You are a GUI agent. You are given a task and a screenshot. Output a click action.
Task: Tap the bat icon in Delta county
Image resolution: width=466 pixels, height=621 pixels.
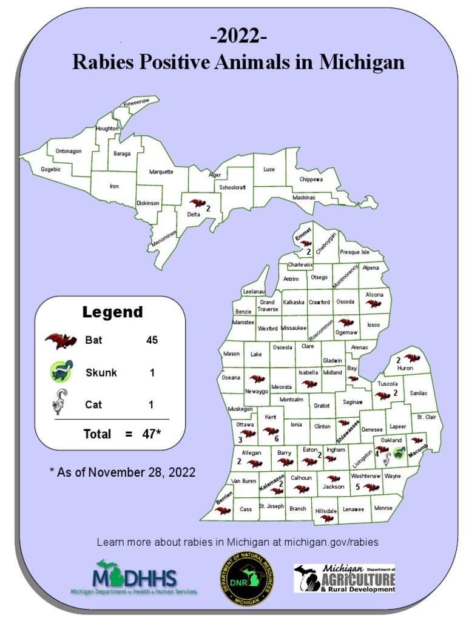point(197,204)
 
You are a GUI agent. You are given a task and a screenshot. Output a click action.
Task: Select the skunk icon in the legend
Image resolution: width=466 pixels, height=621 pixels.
point(60,372)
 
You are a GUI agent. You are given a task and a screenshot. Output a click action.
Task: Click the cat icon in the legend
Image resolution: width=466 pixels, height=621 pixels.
point(60,402)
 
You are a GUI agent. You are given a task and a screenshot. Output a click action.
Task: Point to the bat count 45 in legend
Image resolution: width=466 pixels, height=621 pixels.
point(152,340)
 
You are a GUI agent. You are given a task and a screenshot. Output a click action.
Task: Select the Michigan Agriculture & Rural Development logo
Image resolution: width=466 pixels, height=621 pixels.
point(344,578)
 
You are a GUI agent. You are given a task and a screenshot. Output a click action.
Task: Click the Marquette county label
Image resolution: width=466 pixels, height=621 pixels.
point(161,172)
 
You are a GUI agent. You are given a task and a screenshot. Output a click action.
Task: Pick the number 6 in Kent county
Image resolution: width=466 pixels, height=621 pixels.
point(277,438)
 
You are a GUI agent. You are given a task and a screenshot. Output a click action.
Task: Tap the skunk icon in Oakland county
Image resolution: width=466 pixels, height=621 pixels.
point(399,452)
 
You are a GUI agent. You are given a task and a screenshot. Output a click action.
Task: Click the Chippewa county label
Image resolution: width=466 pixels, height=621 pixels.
point(311,180)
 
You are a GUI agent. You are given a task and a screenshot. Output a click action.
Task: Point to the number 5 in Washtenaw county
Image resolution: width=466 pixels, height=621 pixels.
point(358,486)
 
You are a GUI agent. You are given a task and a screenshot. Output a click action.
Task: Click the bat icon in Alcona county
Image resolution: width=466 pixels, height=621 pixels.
point(374,303)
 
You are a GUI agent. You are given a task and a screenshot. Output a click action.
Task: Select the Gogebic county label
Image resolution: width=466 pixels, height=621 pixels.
point(51,169)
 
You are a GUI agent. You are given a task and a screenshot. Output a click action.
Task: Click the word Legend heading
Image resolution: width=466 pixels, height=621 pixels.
point(113,312)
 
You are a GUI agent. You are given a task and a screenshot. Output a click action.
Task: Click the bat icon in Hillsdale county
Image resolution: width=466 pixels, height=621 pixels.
point(327,519)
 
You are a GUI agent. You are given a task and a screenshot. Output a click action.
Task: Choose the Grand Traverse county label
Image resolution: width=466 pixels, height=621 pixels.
point(268,305)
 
